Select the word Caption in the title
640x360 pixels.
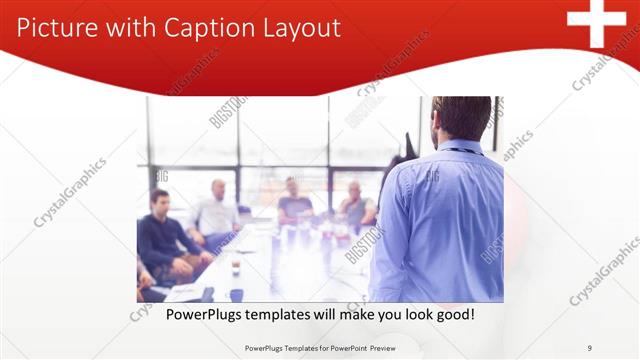(202, 28)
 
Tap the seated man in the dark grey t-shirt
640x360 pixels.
(295, 199)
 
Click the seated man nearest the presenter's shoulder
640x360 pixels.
(355, 204)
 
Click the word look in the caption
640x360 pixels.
(411, 314)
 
